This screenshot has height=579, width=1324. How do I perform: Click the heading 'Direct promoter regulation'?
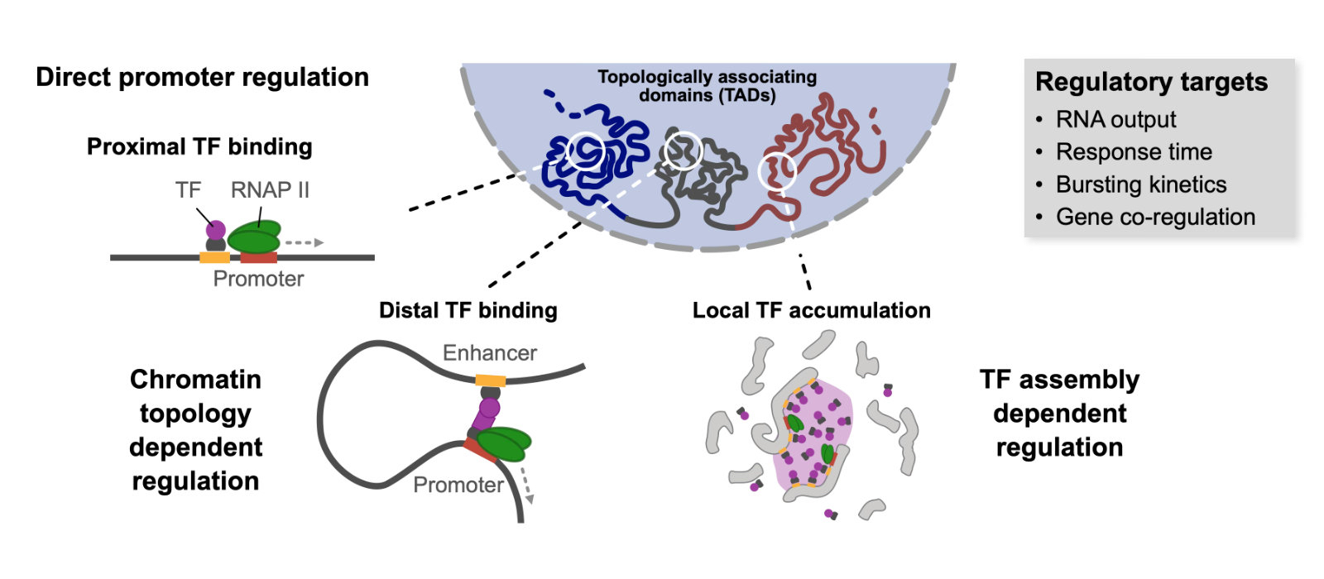coord(202,77)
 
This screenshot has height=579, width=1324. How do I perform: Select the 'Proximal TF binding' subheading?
coord(199,146)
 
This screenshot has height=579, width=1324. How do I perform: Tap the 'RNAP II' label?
coord(270,189)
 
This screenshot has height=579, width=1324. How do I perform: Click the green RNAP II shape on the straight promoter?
coord(254,240)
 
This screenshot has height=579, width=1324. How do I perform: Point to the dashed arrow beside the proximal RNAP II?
coord(304,243)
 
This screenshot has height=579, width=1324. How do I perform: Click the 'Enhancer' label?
coord(489,353)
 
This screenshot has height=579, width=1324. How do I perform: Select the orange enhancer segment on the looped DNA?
coord(490,380)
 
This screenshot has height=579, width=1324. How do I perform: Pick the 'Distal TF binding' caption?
coord(468,310)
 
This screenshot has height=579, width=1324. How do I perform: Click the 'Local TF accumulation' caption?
coord(811,310)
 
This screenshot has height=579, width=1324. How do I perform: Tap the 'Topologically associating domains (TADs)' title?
coord(707,86)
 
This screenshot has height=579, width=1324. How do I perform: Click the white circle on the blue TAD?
coord(586,151)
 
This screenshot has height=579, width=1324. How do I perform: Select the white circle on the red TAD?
coord(777,171)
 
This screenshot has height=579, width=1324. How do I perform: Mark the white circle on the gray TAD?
coord(684,151)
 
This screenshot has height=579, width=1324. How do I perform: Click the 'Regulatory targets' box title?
coord(1151,82)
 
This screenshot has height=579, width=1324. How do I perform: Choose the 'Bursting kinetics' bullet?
coord(1140,184)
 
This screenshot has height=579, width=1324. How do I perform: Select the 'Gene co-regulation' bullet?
coord(1155,217)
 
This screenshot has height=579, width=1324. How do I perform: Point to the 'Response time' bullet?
coord(1134,152)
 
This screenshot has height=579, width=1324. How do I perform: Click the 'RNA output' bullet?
coord(1115,120)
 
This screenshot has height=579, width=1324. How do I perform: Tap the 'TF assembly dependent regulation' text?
coord(1059,413)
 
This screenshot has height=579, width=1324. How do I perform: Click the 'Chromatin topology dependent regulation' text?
coord(195,429)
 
